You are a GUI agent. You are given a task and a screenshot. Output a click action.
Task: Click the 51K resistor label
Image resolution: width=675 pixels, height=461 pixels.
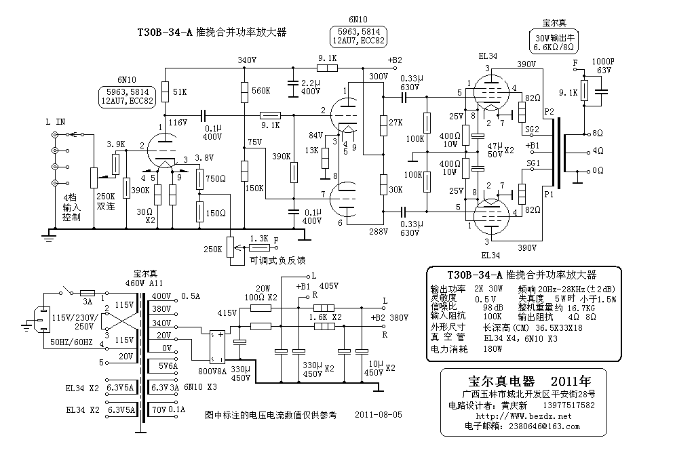(180, 92)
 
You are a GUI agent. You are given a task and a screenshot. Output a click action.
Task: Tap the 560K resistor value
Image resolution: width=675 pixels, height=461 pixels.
(261, 91)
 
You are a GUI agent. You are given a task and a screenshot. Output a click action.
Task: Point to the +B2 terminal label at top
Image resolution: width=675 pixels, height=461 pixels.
(395, 60)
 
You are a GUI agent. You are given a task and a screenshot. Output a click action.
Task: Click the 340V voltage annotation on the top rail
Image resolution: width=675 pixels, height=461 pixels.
(247, 60)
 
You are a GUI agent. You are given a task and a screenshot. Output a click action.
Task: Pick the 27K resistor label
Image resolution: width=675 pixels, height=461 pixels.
(396, 123)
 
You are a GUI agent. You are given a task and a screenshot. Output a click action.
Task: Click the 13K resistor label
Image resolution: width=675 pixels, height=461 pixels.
(311, 151)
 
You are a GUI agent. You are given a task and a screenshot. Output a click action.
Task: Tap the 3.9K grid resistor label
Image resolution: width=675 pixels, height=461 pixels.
(116, 144)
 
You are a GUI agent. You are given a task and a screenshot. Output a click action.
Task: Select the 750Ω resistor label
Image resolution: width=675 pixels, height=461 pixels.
(216, 178)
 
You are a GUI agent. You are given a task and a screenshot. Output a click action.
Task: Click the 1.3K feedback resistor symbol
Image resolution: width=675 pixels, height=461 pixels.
(259, 248)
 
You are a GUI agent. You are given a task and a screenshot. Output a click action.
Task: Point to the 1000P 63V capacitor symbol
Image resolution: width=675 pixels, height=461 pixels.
(601, 92)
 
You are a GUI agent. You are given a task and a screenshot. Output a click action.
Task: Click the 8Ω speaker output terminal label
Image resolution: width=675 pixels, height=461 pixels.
(598, 134)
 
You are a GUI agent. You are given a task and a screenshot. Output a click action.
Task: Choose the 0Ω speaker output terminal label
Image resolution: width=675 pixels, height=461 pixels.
(598, 170)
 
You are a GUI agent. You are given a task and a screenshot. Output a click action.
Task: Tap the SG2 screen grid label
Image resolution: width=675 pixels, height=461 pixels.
(533, 129)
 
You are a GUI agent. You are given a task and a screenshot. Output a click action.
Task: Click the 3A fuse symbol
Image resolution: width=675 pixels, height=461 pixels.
(88, 293)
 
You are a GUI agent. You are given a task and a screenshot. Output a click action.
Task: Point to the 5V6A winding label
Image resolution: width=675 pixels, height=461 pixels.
(168, 366)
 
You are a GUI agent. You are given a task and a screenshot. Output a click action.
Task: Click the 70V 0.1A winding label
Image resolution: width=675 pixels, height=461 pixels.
(168, 409)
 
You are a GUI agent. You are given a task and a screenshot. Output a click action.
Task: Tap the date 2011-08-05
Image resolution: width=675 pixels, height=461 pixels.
(379, 414)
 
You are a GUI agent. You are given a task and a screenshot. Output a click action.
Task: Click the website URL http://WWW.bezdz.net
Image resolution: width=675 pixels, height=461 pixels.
(524, 416)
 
